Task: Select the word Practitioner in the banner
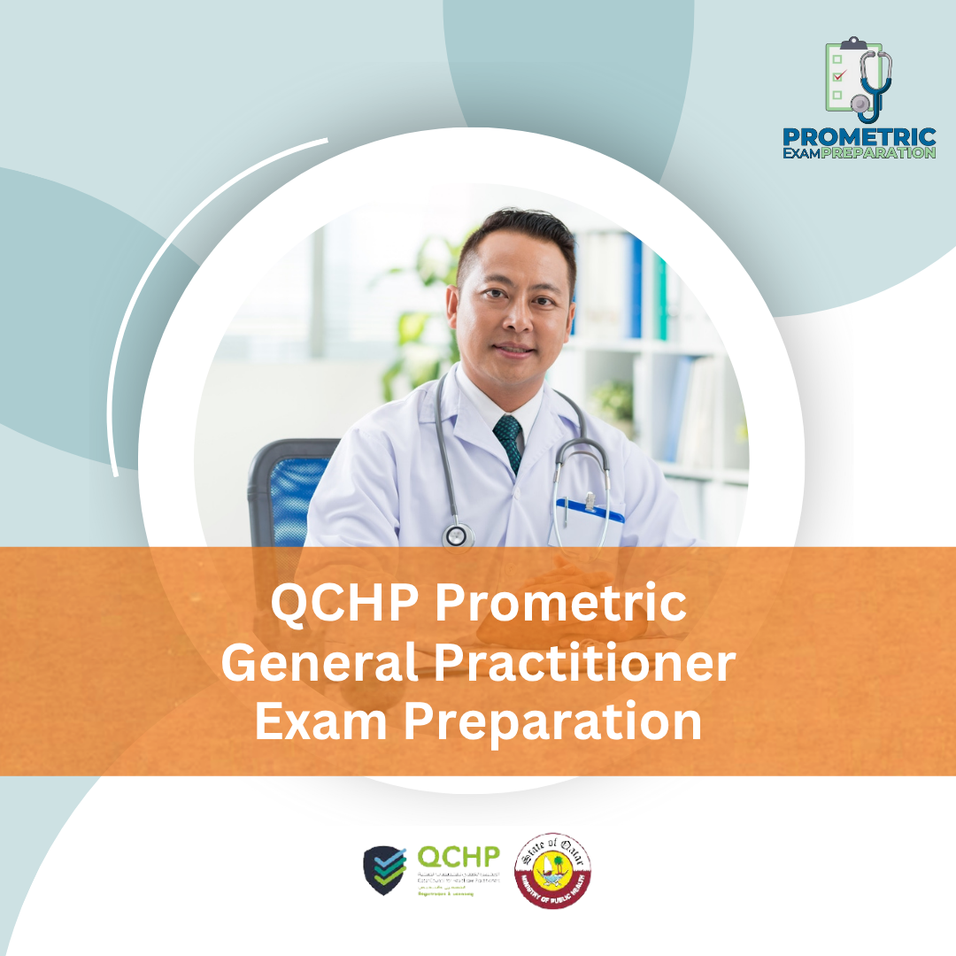click(x=566, y=664)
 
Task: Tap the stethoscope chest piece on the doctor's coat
click(x=458, y=536)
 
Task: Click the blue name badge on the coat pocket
click(x=590, y=509)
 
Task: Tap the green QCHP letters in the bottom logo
click(x=458, y=857)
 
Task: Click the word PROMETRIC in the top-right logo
click(x=860, y=138)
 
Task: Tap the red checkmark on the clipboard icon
click(x=839, y=75)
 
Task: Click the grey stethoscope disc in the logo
click(x=860, y=103)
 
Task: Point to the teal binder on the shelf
click(x=659, y=297)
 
